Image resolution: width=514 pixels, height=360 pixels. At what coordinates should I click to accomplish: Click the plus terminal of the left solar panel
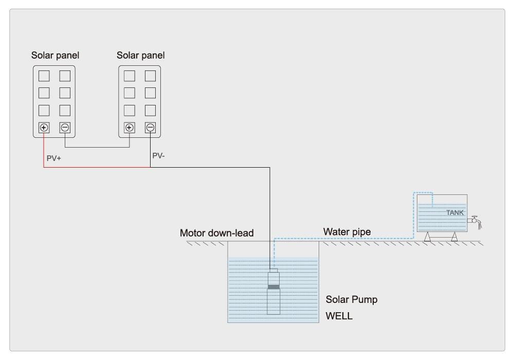44,128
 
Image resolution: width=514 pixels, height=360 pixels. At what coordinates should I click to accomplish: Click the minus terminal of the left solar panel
65,128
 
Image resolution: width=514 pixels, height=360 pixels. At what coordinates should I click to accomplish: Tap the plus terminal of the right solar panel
130,128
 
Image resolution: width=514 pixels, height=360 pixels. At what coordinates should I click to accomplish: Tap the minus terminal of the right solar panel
151,128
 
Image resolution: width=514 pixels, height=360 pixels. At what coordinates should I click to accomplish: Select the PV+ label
54,158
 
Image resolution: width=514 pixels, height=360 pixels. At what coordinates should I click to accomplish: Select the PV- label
158,156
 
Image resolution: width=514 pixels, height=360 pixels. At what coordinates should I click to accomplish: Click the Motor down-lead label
217,233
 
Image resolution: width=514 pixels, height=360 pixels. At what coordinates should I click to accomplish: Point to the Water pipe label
347,232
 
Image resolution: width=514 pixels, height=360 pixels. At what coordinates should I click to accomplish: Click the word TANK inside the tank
455,212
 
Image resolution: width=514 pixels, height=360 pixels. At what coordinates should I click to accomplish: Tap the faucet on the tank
475,221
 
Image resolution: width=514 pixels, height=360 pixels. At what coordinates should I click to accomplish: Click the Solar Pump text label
352,300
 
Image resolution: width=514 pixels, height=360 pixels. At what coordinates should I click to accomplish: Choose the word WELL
339,316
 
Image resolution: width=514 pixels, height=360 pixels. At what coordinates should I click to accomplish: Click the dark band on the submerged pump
274,287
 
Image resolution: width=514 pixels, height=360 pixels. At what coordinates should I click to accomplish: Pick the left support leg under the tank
427,237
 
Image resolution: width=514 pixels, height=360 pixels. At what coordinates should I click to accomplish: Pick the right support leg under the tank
454,237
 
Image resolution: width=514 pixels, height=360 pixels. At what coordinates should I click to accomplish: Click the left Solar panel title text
55,56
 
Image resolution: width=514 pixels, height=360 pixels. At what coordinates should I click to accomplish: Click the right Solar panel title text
141,56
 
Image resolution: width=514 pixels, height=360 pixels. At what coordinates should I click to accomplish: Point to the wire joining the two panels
97,147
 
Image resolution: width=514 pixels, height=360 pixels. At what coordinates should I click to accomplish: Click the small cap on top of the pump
273,271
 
